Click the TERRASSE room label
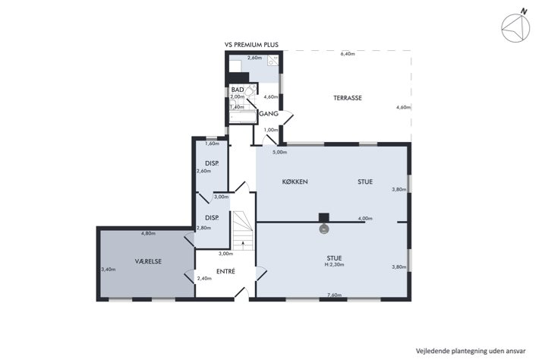(x=348, y=98)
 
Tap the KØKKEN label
(x=295, y=181)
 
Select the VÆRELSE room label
(x=149, y=261)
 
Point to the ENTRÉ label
(x=225, y=271)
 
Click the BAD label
(x=238, y=90)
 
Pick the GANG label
(x=269, y=114)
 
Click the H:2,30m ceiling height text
(x=335, y=264)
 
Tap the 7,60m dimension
(x=335, y=295)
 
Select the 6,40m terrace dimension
(x=348, y=54)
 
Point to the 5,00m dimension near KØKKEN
(x=280, y=152)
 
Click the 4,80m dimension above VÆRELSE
(x=148, y=233)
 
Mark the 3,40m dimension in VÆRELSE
(x=109, y=269)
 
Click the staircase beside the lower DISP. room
(x=243, y=231)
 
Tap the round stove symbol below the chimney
(x=324, y=229)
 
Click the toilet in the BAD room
(x=250, y=91)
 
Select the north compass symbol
(x=515, y=27)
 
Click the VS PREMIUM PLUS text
(x=252, y=45)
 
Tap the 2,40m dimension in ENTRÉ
(x=204, y=278)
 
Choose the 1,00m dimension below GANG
(x=271, y=130)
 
